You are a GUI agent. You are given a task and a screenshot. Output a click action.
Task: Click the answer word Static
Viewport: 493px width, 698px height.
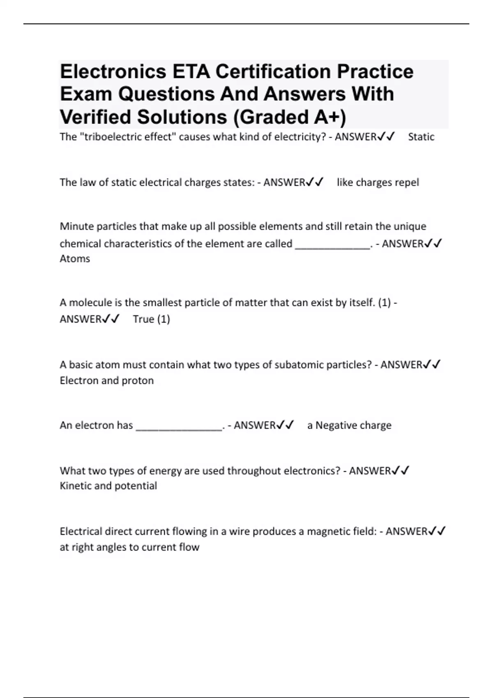pos(421,137)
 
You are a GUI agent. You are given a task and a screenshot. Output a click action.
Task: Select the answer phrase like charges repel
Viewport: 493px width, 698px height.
pos(378,182)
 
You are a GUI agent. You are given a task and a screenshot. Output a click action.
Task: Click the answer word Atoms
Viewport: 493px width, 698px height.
pos(75,259)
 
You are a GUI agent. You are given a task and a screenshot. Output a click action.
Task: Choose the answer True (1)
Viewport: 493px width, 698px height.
pos(151,319)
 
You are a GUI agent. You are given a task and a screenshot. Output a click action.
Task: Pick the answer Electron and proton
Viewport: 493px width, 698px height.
pos(107,381)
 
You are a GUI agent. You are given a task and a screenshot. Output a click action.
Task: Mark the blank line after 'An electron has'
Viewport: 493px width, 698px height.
pos(179,427)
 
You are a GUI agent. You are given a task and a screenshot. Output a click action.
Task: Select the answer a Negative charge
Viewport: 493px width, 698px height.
pos(349,425)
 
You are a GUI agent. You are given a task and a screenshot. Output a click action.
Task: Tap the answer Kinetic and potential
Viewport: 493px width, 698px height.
pos(108,486)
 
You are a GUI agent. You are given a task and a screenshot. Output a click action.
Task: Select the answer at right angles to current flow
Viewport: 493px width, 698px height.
pos(129,547)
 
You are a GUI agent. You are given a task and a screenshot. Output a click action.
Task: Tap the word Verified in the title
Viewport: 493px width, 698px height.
pos(96,117)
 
